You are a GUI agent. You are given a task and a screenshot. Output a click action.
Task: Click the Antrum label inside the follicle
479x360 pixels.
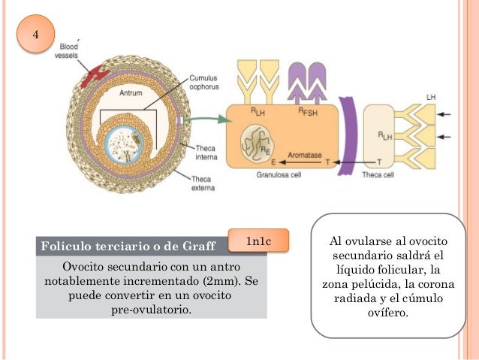tap(131, 93)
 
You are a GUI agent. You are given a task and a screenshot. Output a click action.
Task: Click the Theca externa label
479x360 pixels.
tap(200, 183)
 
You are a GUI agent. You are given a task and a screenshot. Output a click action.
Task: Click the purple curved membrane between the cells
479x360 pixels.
tap(348, 135)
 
